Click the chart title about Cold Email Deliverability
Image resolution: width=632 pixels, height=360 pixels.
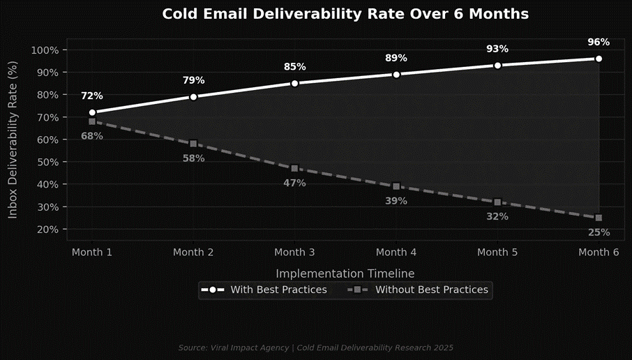[345, 14]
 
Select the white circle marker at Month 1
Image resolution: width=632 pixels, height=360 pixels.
[92, 112]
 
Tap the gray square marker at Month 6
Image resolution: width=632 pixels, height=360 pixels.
[599, 218]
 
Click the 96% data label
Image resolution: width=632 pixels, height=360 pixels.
[599, 42]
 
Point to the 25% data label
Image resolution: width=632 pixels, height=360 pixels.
[599, 232]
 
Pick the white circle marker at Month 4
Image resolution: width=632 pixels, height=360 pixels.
[396, 74]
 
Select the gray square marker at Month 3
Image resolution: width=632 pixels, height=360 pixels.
[294, 168]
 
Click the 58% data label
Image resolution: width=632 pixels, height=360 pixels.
[193, 158]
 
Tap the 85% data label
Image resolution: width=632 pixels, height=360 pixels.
[294, 67]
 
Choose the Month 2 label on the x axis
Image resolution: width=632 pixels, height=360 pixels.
[193, 252]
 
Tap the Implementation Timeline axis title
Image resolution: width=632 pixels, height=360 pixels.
[345, 273]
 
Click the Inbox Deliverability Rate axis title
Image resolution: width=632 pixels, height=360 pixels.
[13, 140]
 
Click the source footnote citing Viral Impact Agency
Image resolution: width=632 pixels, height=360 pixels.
[316, 347]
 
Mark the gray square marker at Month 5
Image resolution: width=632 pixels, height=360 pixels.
[497, 202]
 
